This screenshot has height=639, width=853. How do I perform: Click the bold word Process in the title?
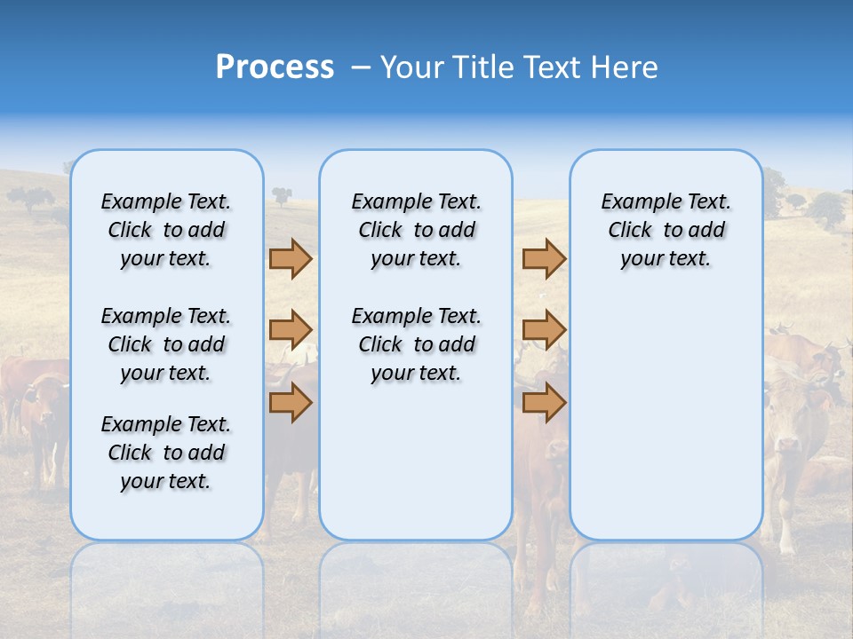[x=275, y=67]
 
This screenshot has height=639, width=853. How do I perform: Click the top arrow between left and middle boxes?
[x=291, y=259]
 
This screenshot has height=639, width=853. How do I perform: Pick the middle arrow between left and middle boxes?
[x=291, y=330]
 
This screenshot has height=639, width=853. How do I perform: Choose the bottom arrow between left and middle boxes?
[x=291, y=402]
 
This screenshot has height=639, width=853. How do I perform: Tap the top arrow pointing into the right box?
[x=544, y=259]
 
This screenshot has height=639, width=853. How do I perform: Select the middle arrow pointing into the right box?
[x=544, y=330]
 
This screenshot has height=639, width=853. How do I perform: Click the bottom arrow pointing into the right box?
[x=544, y=402]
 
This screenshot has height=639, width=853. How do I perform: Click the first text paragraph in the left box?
[x=166, y=230]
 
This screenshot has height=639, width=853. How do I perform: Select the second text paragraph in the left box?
[x=166, y=344]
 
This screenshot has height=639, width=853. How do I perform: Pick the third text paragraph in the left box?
[x=166, y=453]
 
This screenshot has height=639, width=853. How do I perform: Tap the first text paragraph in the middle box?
[x=416, y=230]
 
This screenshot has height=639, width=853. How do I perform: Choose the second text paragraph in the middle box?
[x=416, y=344]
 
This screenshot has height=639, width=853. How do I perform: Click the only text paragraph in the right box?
[x=666, y=230]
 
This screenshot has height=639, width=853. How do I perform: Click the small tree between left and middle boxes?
[x=283, y=194]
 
